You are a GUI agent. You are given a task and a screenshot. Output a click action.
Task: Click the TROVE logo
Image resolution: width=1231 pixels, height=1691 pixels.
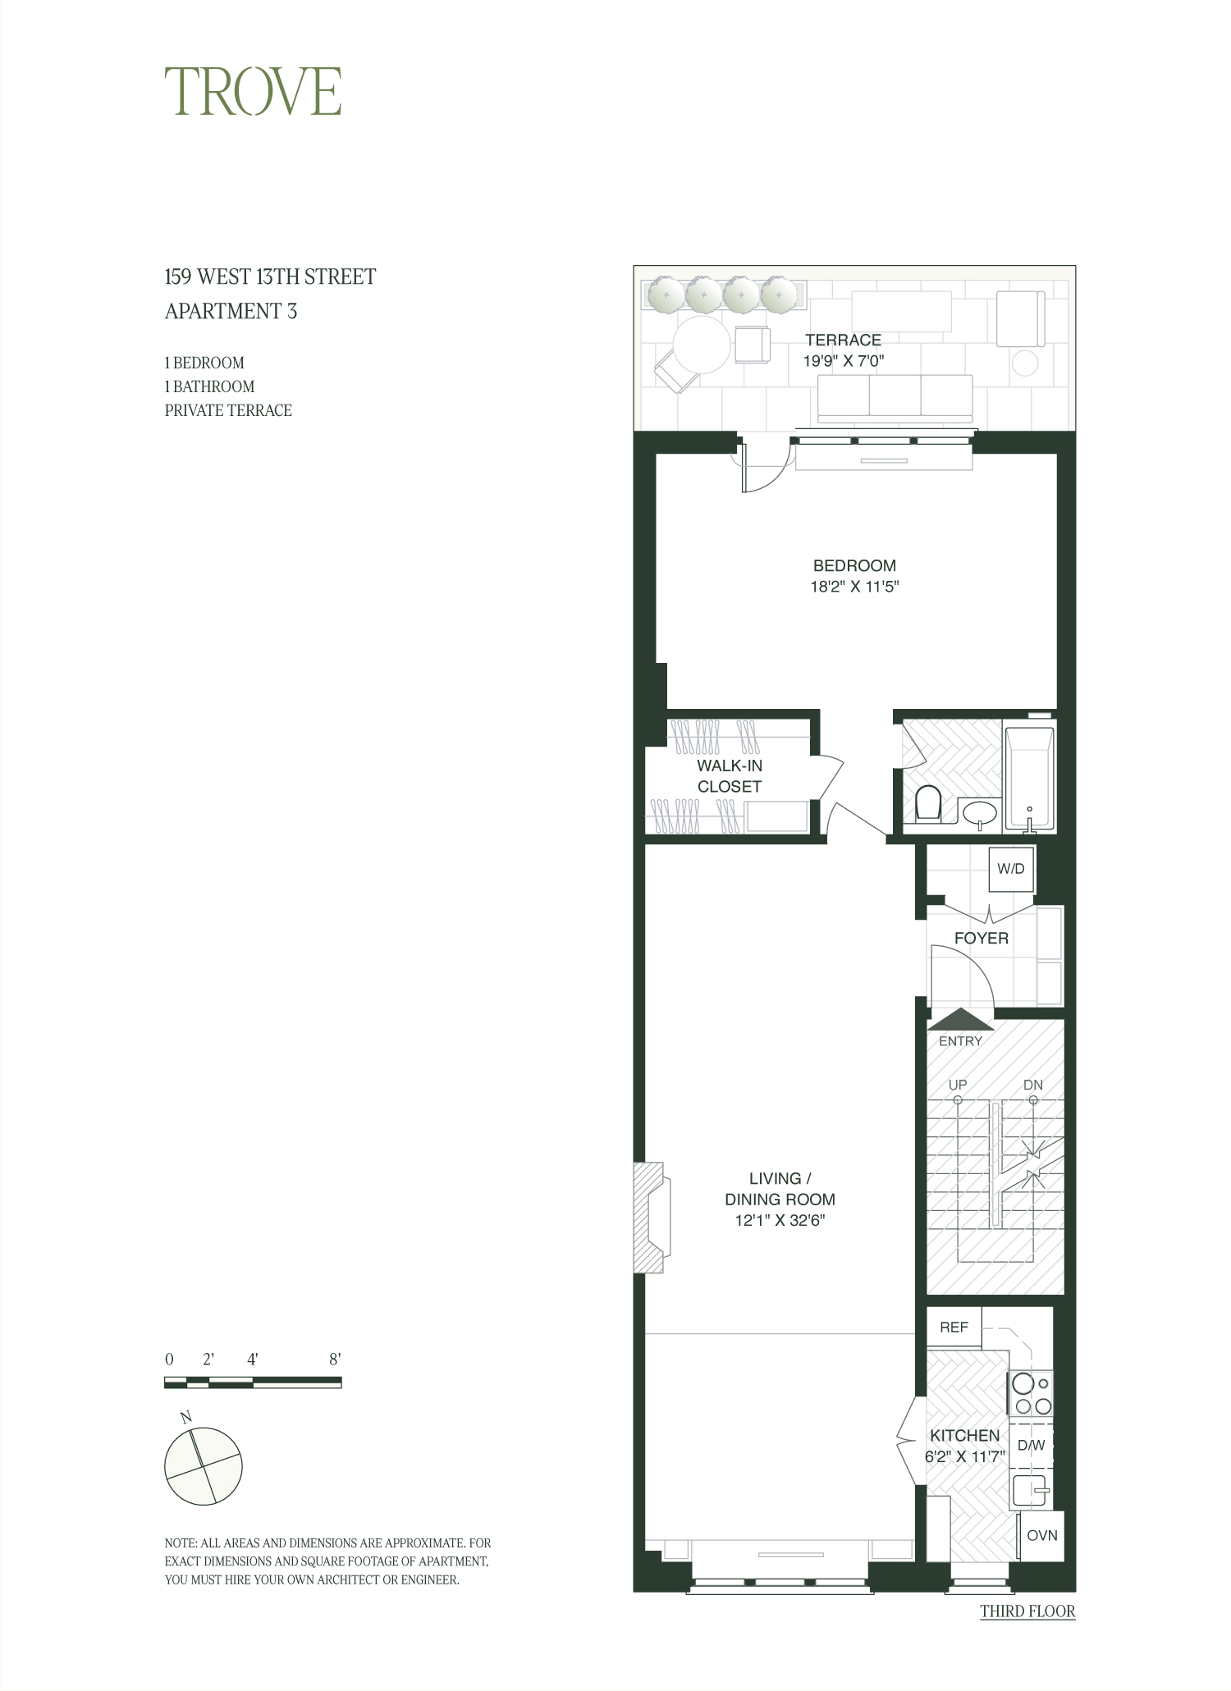tap(253, 91)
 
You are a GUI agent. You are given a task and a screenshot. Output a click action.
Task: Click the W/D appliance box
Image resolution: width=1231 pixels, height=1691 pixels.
tap(1011, 869)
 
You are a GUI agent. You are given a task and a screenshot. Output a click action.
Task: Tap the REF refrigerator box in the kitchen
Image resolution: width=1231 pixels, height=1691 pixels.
tap(954, 1328)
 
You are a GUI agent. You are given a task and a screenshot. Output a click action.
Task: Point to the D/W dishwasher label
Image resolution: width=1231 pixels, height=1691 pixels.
tap(1031, 1445)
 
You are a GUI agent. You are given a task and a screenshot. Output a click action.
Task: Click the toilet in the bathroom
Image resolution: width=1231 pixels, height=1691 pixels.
tap(927, 803)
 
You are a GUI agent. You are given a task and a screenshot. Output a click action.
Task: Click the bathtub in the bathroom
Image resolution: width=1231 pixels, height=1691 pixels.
tap(1029, 775)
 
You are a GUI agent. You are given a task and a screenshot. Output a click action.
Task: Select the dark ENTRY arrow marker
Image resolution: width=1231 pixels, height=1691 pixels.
tap(960, 1019)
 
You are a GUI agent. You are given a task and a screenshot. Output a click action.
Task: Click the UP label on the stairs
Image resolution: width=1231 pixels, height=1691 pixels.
tap(958, 1085)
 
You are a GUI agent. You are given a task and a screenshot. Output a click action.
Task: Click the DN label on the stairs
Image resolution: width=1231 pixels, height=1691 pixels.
tap(1033, 1085)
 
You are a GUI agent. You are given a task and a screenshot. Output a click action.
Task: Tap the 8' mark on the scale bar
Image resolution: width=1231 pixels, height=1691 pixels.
tap(334, 1360)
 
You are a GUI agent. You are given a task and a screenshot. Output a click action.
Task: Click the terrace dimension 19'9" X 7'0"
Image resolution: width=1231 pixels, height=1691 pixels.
tap(843, 360)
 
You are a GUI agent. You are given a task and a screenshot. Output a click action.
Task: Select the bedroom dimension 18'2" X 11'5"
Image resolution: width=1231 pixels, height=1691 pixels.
tap(854, 587)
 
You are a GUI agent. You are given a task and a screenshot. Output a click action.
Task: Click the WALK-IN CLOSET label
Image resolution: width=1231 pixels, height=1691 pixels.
tap(729, 775)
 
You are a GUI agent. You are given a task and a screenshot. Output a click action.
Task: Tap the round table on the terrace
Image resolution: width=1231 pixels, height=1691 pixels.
tap(702, 345)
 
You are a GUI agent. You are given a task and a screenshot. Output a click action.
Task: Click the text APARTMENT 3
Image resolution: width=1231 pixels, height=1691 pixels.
tap(231, 312)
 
